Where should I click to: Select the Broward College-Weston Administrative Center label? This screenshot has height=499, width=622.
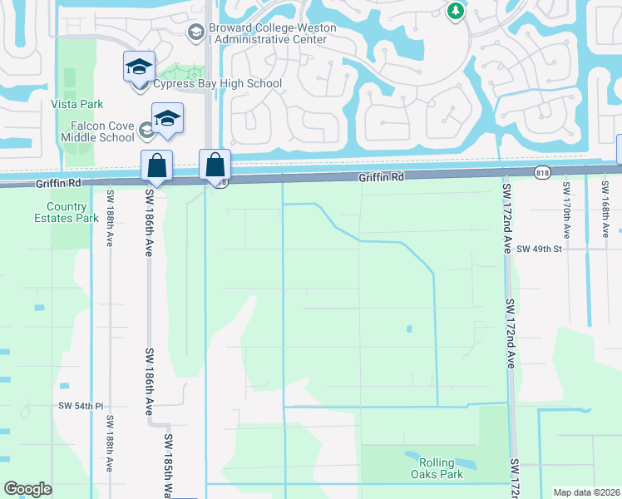[273, 33]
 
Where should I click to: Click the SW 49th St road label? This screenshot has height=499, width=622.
[540, 249]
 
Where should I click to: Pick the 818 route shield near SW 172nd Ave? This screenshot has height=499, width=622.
[543, 171]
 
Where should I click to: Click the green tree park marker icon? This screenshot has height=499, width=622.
[455, 11]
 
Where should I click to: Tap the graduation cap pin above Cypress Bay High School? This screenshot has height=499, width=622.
[139, 67]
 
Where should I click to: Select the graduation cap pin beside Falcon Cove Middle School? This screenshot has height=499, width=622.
[167, 118]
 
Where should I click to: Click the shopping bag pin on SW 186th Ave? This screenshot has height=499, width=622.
[156, 166]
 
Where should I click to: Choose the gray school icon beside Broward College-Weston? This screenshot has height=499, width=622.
[197, 32]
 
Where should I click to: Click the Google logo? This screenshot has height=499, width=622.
[27, 489]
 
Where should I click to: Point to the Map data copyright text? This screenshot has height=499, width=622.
[585, 492]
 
